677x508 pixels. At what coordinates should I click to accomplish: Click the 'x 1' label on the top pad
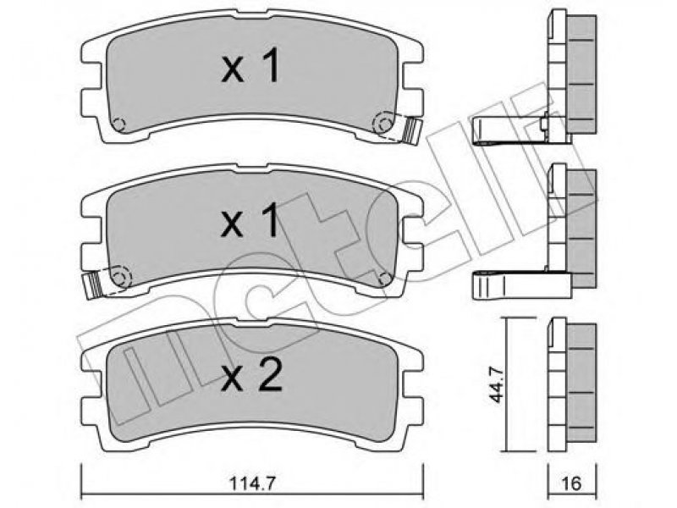coord(250,66)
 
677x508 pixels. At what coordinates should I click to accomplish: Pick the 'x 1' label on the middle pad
coord(250,221)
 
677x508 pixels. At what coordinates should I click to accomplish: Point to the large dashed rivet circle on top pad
coord(383,123)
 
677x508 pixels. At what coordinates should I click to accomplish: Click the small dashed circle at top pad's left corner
coord(118,124)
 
